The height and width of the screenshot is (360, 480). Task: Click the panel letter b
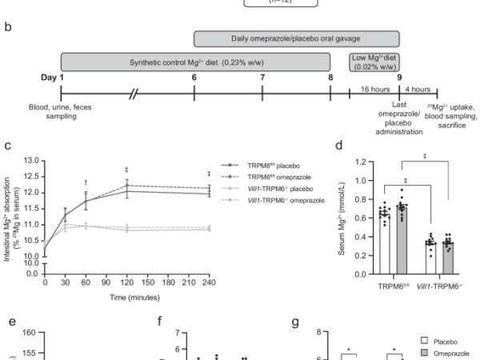point(7,26)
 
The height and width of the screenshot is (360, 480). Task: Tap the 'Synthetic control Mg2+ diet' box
point(195,62)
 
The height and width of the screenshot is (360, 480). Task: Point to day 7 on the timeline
point(262,77)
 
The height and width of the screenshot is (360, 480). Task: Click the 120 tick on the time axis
point(126,282)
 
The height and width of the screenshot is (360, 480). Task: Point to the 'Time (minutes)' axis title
point(126,296)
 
